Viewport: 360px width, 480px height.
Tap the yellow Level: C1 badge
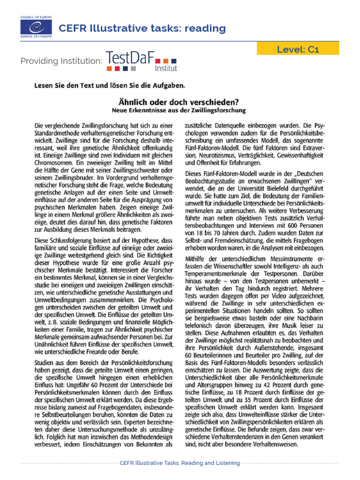[x=298, y=49]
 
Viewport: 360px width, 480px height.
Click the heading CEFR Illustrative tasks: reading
[x=142, y=29]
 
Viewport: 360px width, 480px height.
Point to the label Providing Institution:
[x=61, y=61]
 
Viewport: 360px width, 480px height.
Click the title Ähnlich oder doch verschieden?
[x=180, y=101]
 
